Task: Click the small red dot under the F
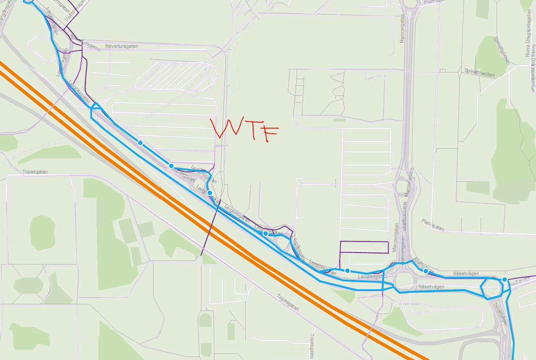[267, 142]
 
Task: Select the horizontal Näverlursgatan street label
[122, 46]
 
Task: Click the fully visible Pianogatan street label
[433, 225]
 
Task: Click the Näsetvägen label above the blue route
[466, 274]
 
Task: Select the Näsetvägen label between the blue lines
[431, 287]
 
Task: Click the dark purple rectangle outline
[364, 247]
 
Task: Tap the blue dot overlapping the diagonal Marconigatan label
[426, 271]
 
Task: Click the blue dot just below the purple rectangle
[347, 271]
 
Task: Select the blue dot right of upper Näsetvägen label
[504, 280]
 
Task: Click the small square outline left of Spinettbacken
[442, 70]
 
